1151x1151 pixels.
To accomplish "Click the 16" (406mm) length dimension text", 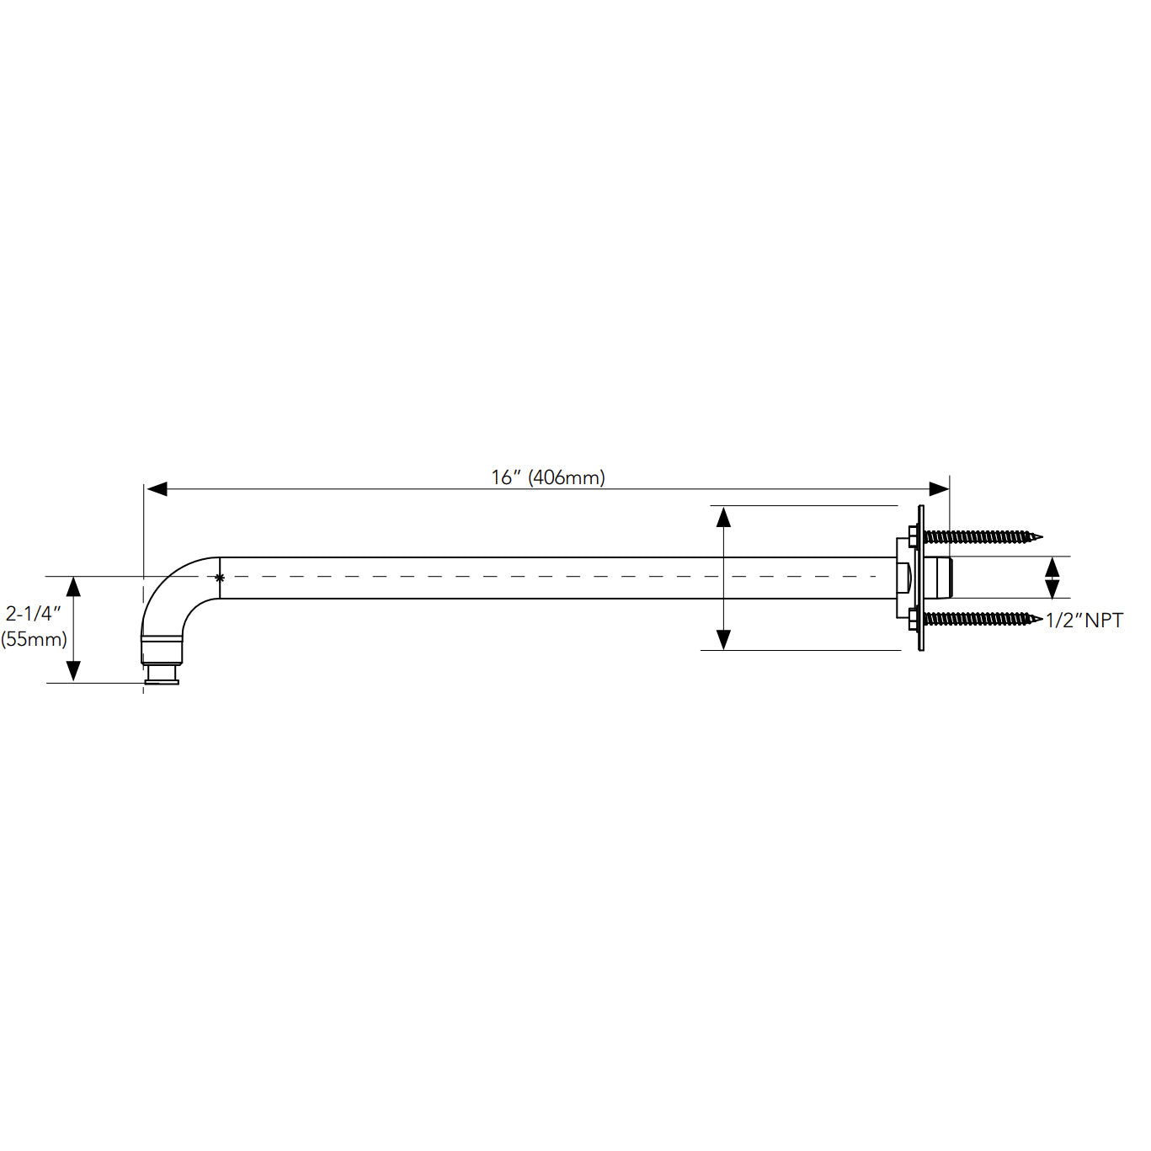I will [x=548, y=477].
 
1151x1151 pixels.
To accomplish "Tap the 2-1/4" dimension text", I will [x=34, y=613].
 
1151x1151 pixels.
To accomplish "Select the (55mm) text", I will [x=34, y=639].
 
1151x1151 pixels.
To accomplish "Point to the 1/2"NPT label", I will [x=1084, y=621].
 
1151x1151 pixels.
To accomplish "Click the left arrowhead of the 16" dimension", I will [x=156, y=489].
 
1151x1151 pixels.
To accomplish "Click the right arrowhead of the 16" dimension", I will [x=939, y=489].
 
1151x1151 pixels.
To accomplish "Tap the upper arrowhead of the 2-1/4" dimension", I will [x=73, y=586].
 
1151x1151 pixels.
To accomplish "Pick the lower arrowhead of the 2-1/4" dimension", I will [x=73, y=671].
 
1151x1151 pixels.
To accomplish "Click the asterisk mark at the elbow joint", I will [x=220, y=578].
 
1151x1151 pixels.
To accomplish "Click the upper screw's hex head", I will [x=914, y=536].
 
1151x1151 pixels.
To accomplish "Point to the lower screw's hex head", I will [x=914, y=619].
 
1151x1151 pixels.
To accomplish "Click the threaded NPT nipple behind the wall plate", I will [x=938, y=578].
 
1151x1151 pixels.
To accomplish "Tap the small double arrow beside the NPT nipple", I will [x=1052, y=578].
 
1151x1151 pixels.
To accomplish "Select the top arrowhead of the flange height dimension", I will [x=723, y=516].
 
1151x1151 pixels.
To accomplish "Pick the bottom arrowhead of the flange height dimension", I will [x=723, y=640].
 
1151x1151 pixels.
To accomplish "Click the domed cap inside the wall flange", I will [x=903, y=578].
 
